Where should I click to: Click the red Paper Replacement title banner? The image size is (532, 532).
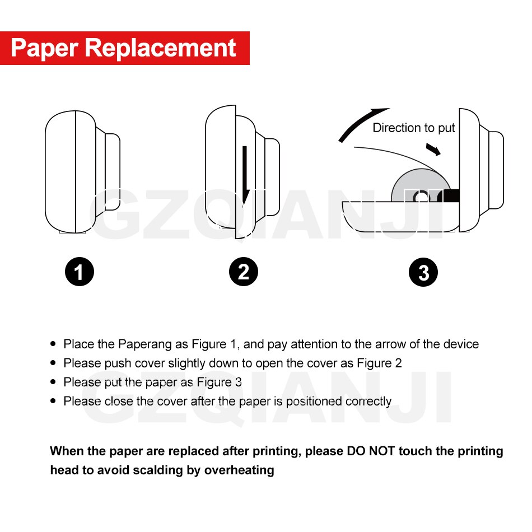(x=124, y=48)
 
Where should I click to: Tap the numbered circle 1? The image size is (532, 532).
(x=79, y=273)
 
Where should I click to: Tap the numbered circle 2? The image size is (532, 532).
(x=244, y=273)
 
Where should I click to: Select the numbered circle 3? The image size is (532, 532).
(x=423, y=273)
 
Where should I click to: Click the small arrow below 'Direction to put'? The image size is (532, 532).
(x=433, y=150)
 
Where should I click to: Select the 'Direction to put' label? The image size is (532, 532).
(x=414, y=128)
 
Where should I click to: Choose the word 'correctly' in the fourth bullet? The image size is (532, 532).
(x=368, y=402)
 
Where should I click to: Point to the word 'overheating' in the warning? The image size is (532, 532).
(x=239, y=470)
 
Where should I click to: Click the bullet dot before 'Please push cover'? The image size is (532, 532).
(x=53, y=363)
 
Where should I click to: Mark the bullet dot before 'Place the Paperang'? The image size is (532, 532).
(x=53, y=344)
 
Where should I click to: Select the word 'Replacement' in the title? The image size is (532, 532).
(x=161, y=48)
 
